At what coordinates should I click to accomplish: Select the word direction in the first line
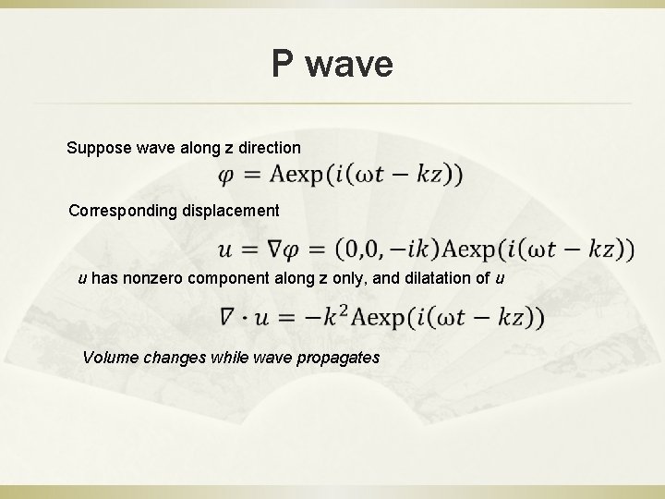coord(268,147)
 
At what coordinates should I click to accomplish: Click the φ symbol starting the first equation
coord(226,175)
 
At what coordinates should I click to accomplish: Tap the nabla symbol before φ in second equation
coord(283,249)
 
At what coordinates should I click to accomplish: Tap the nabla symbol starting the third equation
coord(228,319)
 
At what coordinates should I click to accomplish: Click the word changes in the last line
coord(170,357)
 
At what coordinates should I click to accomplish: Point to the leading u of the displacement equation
coord(226,249)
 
